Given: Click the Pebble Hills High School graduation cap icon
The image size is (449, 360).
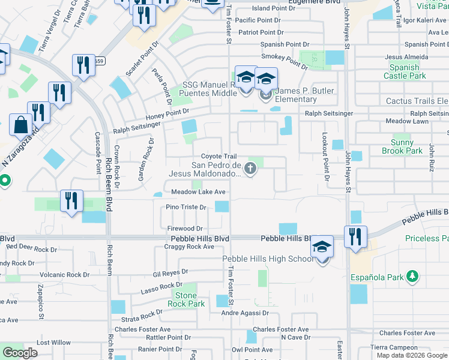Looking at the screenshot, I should point(322,248).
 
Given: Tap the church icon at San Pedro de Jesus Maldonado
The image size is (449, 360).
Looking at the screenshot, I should point(251,170).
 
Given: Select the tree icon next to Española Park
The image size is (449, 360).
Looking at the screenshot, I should point(412,275).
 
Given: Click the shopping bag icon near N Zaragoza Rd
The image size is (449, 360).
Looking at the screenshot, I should point(21,125).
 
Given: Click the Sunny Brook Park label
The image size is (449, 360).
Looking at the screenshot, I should point(402,146).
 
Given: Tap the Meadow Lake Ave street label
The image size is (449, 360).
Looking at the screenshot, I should point(198,192).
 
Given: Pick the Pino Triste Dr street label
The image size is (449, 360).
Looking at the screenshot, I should point(187,207).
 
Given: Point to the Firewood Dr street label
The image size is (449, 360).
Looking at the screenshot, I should point(185,229).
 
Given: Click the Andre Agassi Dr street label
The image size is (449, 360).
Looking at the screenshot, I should point(245,313).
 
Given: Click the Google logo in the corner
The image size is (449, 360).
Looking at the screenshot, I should point(20,353).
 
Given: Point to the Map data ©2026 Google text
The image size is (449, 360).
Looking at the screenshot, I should point(411,355).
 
